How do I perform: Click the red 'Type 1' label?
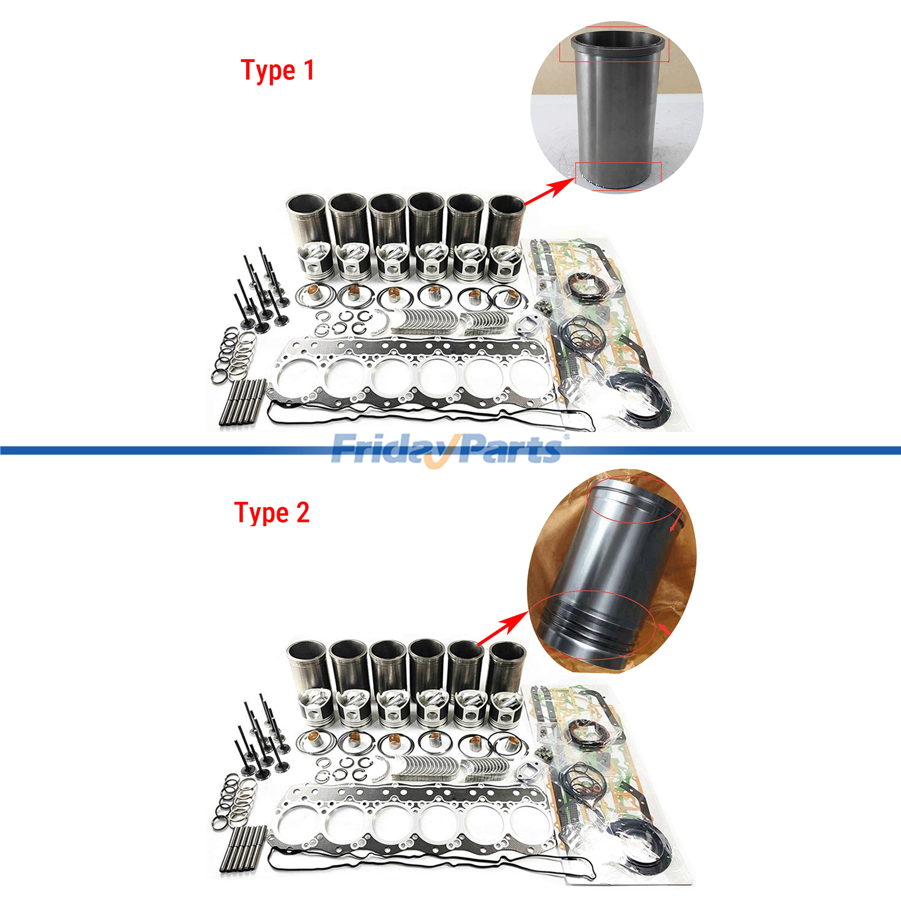pyautogui.click(x=277, y=71)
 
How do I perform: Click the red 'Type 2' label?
pyautogui.click(x=271, y=513)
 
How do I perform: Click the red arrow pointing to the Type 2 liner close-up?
pyautogui.click(x=502, y=630)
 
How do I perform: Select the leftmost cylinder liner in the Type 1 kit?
pyautogui.click(x=307, y=220)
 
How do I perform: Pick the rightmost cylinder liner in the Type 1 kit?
pyautogui.click(x=506, y=220)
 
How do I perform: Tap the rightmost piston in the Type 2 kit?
pyautogui.click(x=506, y=708)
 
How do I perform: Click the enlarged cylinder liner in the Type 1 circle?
pyautogui.click(x=617, y=109)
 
